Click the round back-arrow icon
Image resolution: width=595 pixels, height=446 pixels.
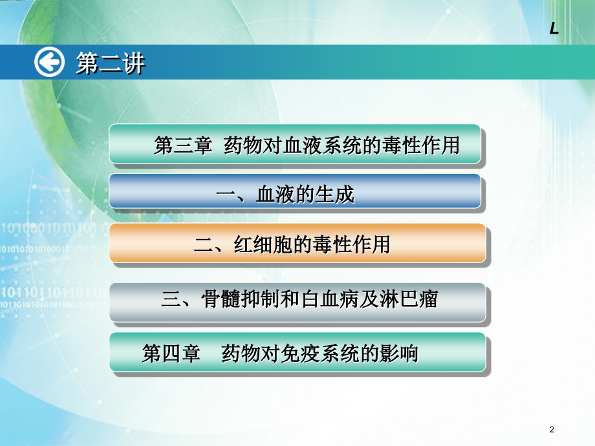(x=50, y=63)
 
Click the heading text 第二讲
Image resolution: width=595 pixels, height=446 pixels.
(x=111, y=63)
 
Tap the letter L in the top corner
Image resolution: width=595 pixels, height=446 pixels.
(x=554, y=28)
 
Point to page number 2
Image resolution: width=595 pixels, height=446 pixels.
(x=551, y=429)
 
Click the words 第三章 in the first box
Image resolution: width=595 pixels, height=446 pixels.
(x=183, y=145)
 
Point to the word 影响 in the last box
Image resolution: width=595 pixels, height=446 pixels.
(x=399, y=354)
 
